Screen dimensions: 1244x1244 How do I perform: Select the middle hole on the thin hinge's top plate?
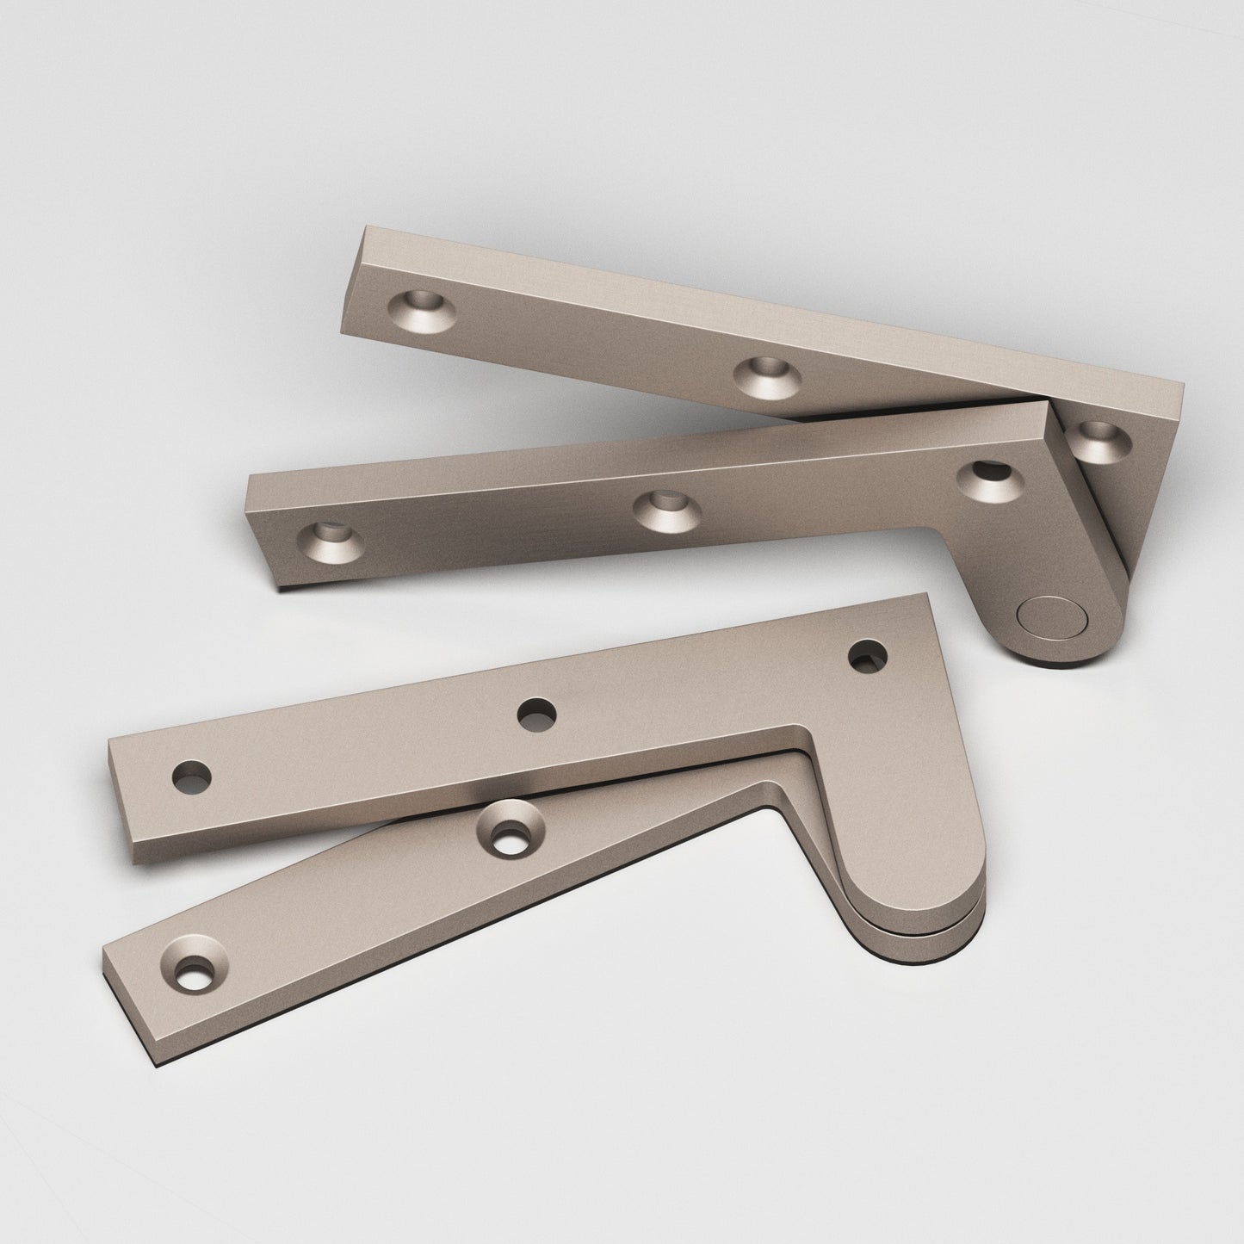(536, 714)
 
